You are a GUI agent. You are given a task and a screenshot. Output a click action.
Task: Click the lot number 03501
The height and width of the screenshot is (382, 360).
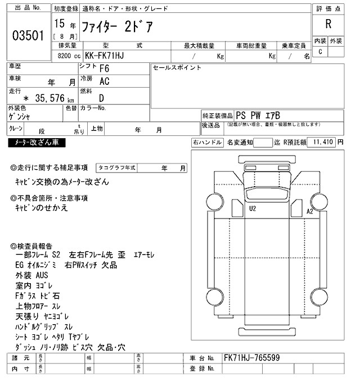point(28,36)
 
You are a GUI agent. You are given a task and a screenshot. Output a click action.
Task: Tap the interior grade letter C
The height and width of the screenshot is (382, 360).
point(320,52)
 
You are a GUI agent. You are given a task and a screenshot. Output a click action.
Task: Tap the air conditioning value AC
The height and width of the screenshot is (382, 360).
point(104,82)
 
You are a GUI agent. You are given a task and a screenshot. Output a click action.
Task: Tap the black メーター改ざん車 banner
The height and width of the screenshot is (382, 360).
point(37,143)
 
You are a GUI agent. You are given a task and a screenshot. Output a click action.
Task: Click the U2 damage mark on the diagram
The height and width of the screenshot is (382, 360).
point(253,208)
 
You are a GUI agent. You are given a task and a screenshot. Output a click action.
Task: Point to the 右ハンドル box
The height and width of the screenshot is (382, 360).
point(207,143)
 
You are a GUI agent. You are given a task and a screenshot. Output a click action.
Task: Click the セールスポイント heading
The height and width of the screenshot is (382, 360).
point(177,68)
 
